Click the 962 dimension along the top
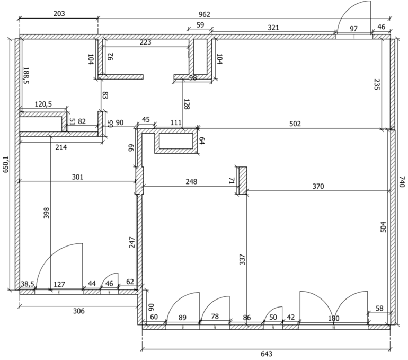tap(204, 14)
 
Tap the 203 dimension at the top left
tap(59, 14)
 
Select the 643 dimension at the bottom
tap(267, 354)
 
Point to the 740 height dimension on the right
tap(402, 182)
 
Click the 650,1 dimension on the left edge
tap(6, 164)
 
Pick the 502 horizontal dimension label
tap(295, 124)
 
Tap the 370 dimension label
tap(318, 187)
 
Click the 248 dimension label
tap(191, 181)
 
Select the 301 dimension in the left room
tap(77, 177)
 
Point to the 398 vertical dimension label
tap(46, 213)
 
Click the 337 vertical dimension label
tap(242, 259)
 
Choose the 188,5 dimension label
tap(26, 75)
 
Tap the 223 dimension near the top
tap(145, 42)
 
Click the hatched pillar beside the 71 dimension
tap(243, 181)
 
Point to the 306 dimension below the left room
tap(79, 311)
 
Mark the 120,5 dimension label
tap(43, 104)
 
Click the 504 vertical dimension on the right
tap(384, 227)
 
